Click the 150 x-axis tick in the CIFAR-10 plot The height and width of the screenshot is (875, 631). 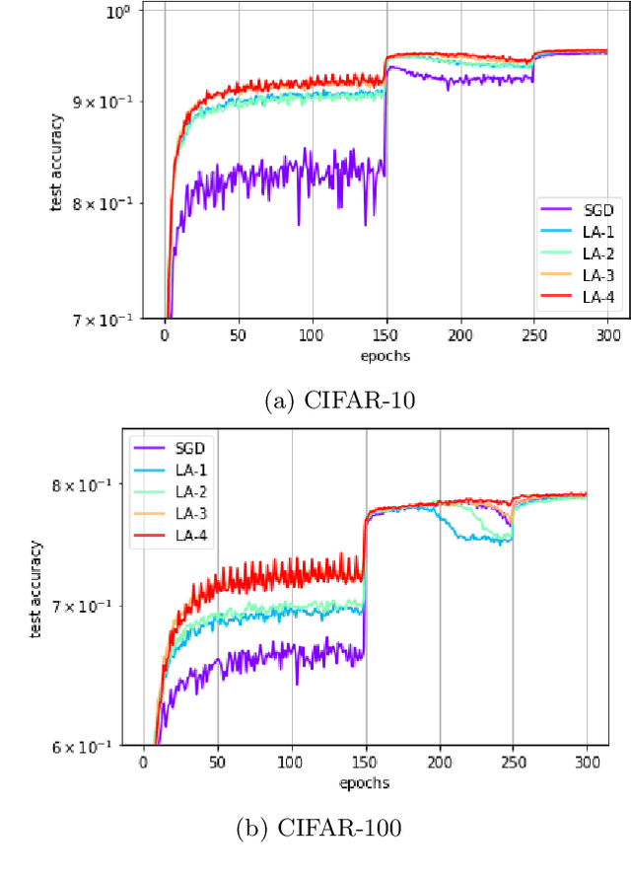pyautogui.click(x=386, y=335)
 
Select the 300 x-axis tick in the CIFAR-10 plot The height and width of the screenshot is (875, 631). pyautogui.click(x=607, y=335)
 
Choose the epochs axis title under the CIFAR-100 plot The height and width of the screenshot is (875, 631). pyautogui.click(x=365, y=782)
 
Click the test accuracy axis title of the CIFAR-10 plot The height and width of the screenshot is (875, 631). pyautogui.click(x=57, y=163)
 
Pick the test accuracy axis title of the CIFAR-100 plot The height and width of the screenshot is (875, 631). pyautogui.click(x=36, y=589)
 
